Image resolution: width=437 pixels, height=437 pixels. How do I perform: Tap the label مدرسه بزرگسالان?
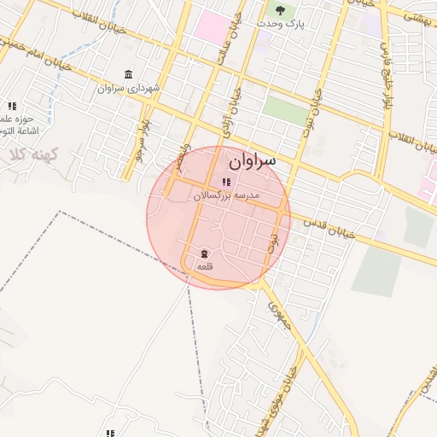click(x=225, y=195)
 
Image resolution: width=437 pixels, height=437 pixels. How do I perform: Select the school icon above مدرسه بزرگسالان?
click(x=225, y=182)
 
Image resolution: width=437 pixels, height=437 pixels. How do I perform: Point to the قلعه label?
click(x=205, y=267)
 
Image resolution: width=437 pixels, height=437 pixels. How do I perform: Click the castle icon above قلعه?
click(x=205, y=253)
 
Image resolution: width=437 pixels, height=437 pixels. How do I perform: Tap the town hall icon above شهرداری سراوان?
click(x=128, y=74)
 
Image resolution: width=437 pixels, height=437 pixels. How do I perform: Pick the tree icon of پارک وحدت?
click(x=280, y=9)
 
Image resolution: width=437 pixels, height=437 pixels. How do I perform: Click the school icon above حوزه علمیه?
click(x=12, y=106)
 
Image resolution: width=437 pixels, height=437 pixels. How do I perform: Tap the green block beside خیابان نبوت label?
click(x=284, y=110)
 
